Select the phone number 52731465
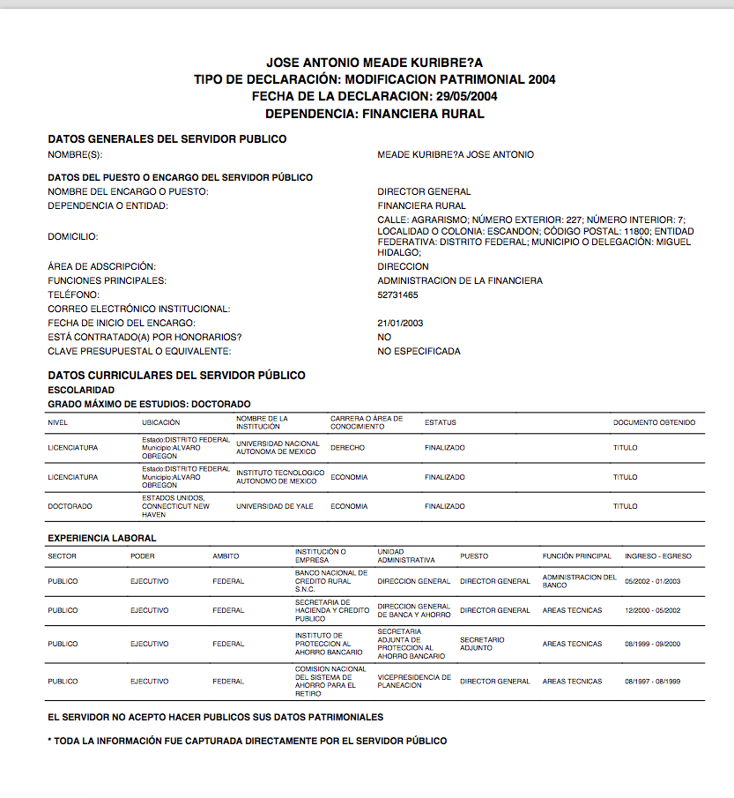click(x=397, y=295)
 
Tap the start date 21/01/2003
click(x=399, y=323)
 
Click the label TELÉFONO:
click(x=74, y=295)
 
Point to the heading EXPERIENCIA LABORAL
click(x=102, y=537)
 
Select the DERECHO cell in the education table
click(x=347, y=448)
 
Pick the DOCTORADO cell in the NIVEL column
click(x=70, y=506)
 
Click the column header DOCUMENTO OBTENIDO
click(x=654, y=422)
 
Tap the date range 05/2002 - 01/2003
click(x=652, y=581)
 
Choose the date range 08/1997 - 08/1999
click(x=652, y=682)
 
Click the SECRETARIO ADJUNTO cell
click(x=482, y=644)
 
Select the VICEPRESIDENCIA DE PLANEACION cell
click(x=414, y=682)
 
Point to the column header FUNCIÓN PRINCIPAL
click(x=576, y=556)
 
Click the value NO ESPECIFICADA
click(x=419, y=351)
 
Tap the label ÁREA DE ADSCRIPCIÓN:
click(x=101, y=266)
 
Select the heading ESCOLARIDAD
click(x=81, y=390)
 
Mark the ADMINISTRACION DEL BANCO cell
click(x=579, y=581)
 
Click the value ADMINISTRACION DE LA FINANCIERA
click(x=460, y=280)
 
